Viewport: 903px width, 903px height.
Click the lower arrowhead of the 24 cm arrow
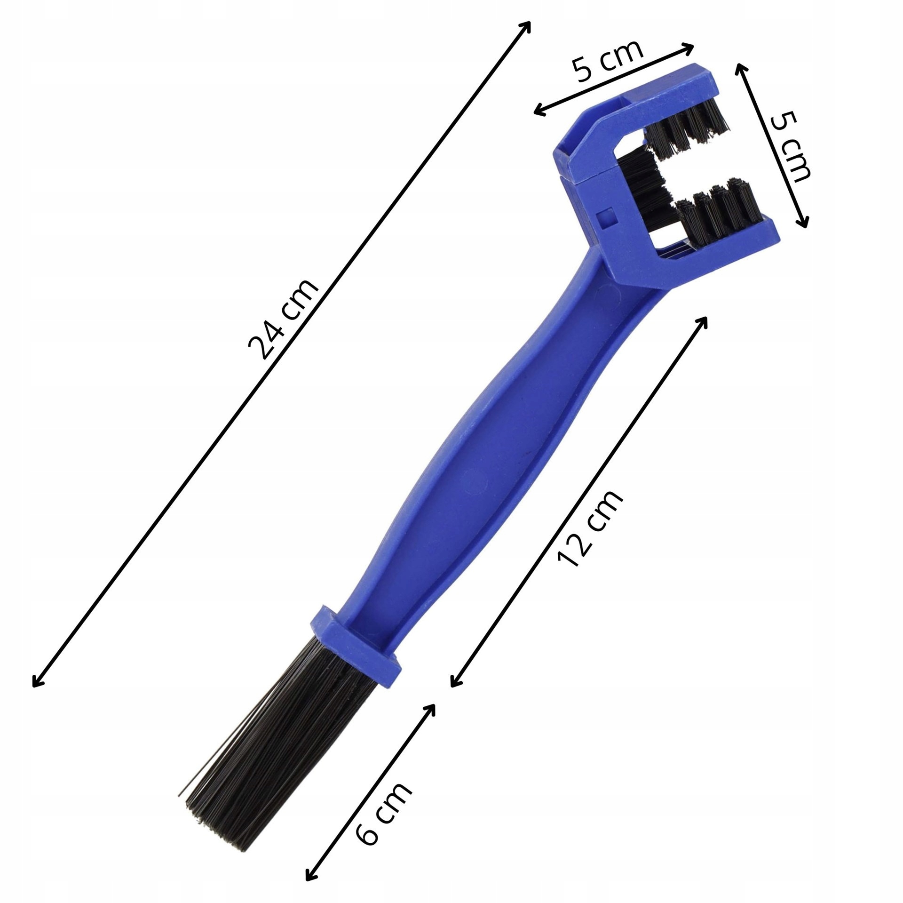tap(37, 682)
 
